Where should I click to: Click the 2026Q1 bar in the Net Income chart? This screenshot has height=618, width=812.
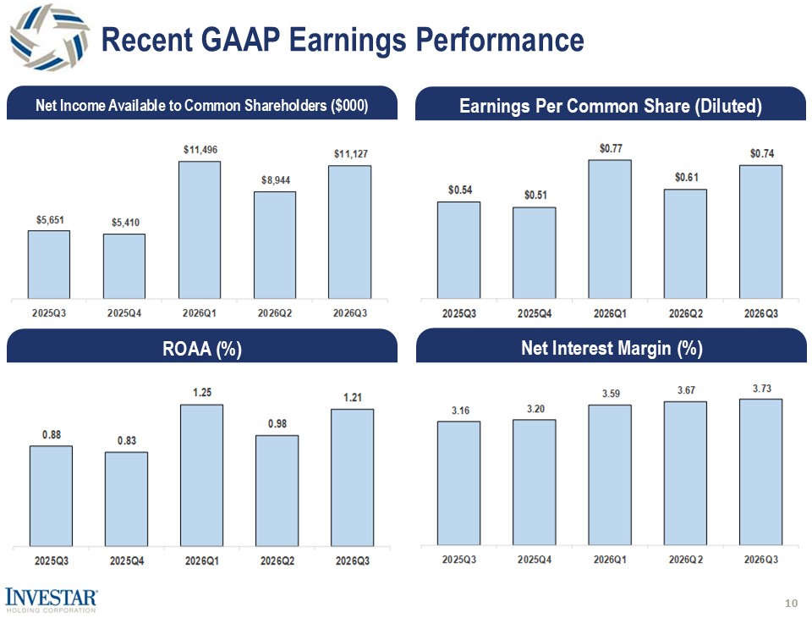coord(200,229)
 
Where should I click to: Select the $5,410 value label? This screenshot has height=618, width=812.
coord(125,223)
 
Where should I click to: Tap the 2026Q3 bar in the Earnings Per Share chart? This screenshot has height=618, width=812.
coord(760,232)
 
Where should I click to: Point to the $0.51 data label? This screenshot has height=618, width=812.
coord(535,195)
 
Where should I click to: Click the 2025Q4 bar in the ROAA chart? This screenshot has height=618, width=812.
coord(126,499)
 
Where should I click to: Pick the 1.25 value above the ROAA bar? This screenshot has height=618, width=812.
coord(202,393)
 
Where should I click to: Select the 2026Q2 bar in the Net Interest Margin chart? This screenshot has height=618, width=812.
coord(685,473)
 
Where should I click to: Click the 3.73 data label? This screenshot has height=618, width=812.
coord(762,389)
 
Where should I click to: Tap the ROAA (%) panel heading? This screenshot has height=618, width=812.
coord(202,349)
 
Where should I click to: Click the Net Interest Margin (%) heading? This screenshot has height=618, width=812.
coord(612,348)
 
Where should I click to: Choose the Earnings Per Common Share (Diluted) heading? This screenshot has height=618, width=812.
coord(611,107)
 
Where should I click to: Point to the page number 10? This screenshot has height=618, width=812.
coord(792,603)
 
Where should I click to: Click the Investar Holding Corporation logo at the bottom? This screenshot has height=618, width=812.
coord(50,600)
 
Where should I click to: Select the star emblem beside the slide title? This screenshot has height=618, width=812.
coord(50,37)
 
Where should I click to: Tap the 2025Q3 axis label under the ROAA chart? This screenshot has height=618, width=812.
coord(52,561)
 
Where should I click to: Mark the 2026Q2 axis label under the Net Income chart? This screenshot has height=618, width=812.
coord(275,313)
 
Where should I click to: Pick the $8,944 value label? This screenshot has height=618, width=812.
coord(276,180)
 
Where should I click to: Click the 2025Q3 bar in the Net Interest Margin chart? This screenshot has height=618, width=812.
coord(458,483)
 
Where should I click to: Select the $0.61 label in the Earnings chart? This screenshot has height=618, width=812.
coord(686,177)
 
